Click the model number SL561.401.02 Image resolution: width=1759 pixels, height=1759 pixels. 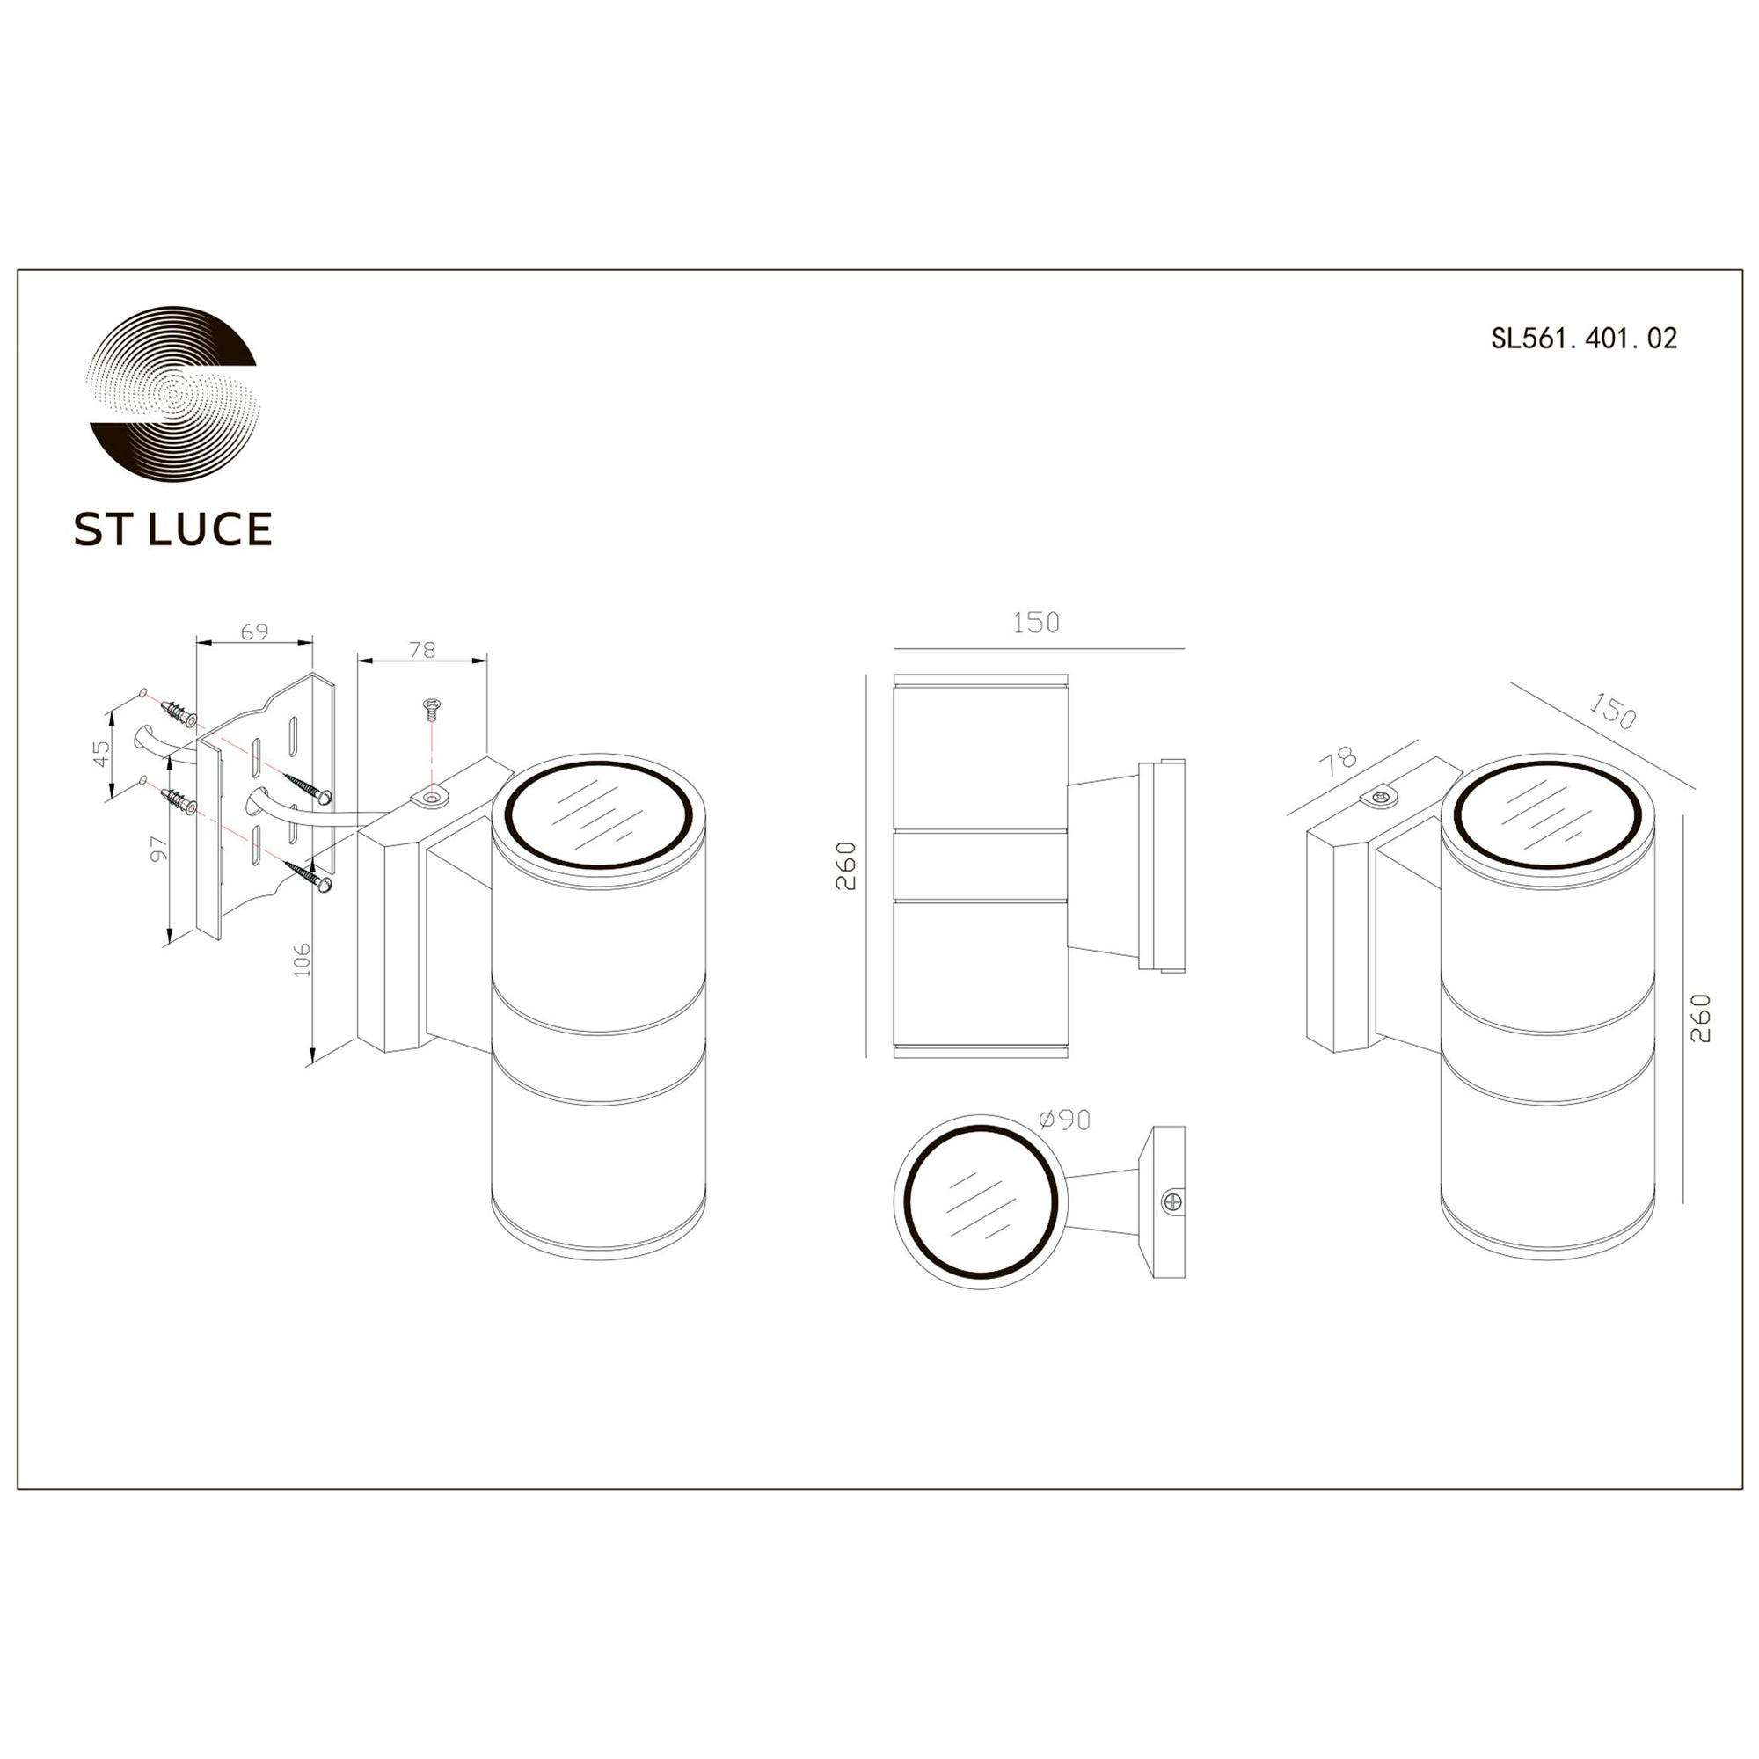coord(1583,339)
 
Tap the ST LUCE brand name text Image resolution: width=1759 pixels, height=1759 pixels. coord(173,529)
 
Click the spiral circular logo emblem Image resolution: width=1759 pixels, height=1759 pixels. coord(173,394)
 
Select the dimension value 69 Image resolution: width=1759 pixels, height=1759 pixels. coord(255,631)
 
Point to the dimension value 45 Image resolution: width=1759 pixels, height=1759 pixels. coord(101,753)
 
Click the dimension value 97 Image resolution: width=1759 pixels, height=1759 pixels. coord(159,849)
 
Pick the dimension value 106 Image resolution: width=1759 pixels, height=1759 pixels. coord(303,960)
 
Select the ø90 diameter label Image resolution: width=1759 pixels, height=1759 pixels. coord(1064,1119)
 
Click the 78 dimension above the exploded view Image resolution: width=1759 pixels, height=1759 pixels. coord(422,650)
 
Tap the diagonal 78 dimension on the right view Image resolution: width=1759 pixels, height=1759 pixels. coord(1339,761)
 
